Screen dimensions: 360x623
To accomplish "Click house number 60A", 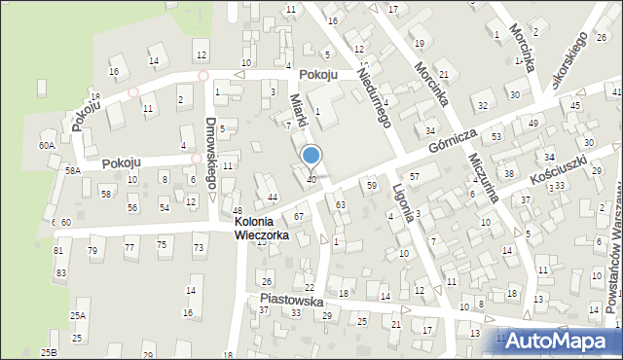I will point(46,145).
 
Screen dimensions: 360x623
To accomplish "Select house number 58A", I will point(72,170).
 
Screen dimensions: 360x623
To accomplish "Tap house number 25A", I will point(78,315).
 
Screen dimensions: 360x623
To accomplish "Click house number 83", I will point(60,272).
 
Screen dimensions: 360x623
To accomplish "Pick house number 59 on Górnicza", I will point(371,184).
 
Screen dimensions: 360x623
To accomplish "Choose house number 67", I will point(299,215).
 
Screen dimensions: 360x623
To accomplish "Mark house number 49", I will point(532,123).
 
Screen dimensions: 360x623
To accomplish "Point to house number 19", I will point(420,43).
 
